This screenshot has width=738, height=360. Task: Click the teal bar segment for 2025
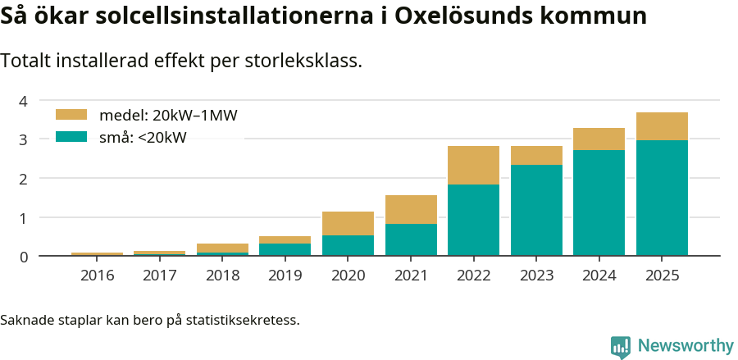pos(662,198)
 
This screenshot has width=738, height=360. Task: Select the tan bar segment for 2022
pos(473,165)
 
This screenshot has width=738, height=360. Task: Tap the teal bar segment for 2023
pos(536,210)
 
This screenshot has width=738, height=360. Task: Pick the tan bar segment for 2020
pos(348,223)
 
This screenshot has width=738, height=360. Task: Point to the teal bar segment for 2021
pos(411,239)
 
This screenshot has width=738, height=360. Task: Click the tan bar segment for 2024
pos(599,139)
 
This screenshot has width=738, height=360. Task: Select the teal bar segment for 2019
pos(285,249)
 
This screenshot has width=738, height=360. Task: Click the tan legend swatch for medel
pos(71,115)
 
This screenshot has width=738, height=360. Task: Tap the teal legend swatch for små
pos(71,137)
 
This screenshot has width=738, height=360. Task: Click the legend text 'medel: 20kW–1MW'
pos(168,116)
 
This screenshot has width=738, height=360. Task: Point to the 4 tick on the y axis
pos(24,101)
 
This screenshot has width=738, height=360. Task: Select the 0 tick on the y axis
pos(24,257)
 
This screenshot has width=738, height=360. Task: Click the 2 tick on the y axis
pos(24,179)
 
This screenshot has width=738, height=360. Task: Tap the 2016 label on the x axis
pos(97,275)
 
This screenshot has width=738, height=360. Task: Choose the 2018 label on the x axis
pos(222,275)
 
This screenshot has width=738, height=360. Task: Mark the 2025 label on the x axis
pos(662,275)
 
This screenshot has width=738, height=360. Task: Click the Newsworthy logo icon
pos(621,347)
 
